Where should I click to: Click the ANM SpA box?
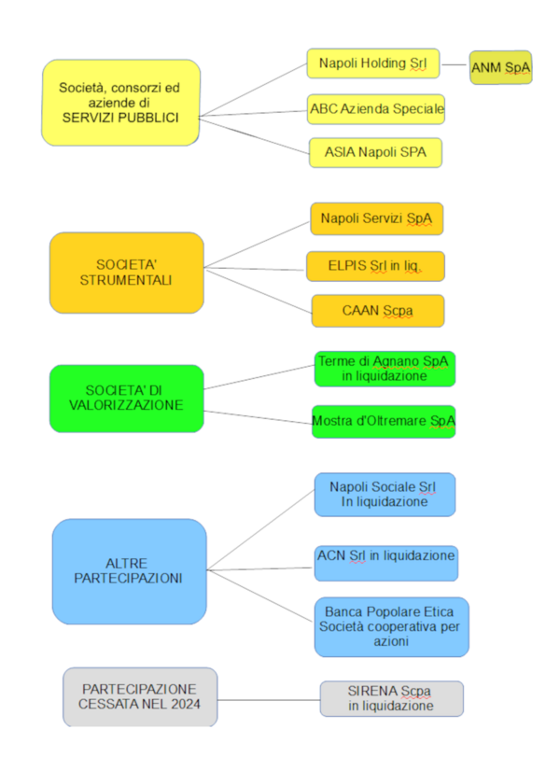pyautogui.click(x=500, y=67)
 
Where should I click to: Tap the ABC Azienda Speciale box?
pyautogui.click(x=377, y=109)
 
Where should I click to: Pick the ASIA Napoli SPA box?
pyautogui.click(x=375, y=152)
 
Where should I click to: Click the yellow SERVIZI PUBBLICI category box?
pyautogui.click(x=120, y=103)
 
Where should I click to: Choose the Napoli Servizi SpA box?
pyautogui.click(x=376, y=218)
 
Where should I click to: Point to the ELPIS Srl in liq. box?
pyautogui.click(x=375, y=266)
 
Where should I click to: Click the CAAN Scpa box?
pyautogui.click(x=378, y=311)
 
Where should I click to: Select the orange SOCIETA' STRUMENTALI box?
pyautogui.click(x=126, y=272)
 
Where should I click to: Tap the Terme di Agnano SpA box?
pyautogui.click(x=385, y=368)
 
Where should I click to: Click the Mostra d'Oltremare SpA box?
pyautogui.click(x=384, y=421)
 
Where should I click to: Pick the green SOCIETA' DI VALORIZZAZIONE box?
pyautogui.click(x=126, y=398)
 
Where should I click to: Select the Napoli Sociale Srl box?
pyautogui.click(x=385, y=494)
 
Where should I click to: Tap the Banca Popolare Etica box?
pyautogui.click(x=391, y=626)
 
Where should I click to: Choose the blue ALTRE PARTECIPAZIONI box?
pyautogui.click(x=130, y=570)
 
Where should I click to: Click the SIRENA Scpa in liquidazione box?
pyautogui.click(x=391, y=698)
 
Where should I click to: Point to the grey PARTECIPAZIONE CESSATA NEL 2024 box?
pyautogui.click(x=140, y=696)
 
